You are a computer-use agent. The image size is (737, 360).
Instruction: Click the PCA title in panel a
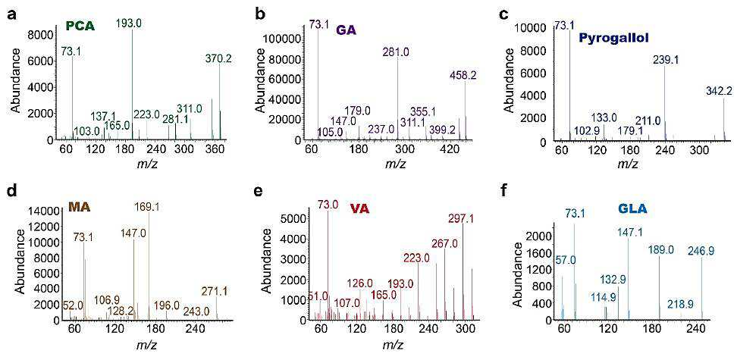click(x=81, y=27)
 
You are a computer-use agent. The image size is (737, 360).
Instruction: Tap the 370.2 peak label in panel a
click(x=219, y=59)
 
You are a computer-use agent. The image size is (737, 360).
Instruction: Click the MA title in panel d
click(x=80, y=206)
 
